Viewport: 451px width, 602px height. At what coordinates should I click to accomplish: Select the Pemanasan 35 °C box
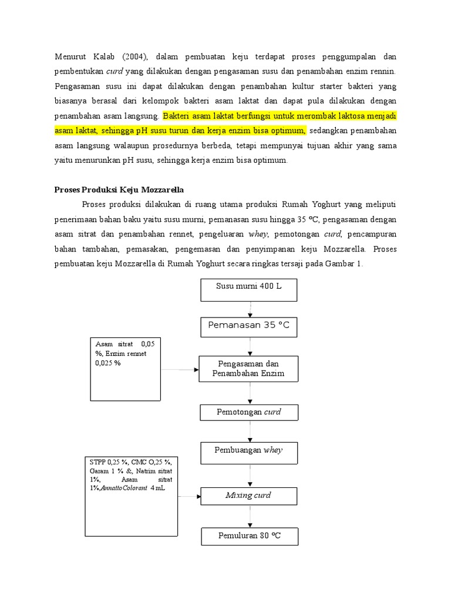(249, 325)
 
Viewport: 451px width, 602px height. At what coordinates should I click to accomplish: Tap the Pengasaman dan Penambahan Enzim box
(249, 369)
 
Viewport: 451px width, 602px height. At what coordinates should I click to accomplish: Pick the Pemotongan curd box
(249, 412)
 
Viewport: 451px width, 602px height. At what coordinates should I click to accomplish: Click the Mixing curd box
(249, 496)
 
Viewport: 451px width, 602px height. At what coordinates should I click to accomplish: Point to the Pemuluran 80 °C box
(249, 536)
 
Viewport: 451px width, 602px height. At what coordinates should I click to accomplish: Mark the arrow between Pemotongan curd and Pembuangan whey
(251, 432)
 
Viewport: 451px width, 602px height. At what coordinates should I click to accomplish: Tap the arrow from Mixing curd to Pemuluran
(251, 516)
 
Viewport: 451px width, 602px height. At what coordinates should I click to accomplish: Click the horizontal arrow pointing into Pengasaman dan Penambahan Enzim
(180, 370)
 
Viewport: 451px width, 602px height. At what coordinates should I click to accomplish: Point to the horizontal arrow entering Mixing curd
(189, 496)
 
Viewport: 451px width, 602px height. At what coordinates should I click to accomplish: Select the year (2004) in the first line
(137, 56)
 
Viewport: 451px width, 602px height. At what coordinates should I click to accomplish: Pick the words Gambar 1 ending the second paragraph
(348, 264)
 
